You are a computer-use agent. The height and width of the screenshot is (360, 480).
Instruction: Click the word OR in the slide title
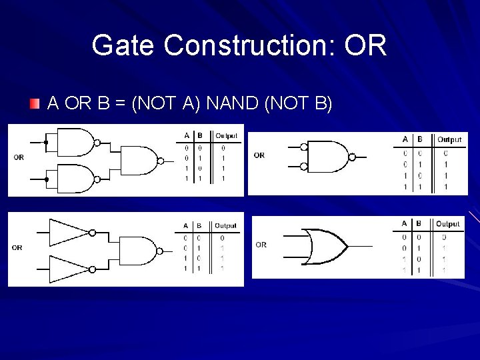point(366,46)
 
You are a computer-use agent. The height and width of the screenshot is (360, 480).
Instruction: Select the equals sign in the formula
point(121,104)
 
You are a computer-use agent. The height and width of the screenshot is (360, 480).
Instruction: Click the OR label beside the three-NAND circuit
point(19,158)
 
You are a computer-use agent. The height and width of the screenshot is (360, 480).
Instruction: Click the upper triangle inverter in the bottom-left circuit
point(69,232)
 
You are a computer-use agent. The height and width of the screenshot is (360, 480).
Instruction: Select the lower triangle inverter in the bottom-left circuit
point(69,269)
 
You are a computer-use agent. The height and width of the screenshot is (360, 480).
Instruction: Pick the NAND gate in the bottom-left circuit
point(137,251)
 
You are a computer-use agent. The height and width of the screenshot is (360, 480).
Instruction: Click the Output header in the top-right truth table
point(449,139)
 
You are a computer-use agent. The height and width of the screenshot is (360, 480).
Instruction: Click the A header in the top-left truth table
point(187,136)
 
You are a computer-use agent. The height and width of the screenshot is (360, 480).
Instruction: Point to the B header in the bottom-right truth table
point(419,224)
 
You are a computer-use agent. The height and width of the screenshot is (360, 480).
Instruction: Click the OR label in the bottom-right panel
point(261,245)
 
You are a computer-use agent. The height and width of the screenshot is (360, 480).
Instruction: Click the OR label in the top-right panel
point(259,155)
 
